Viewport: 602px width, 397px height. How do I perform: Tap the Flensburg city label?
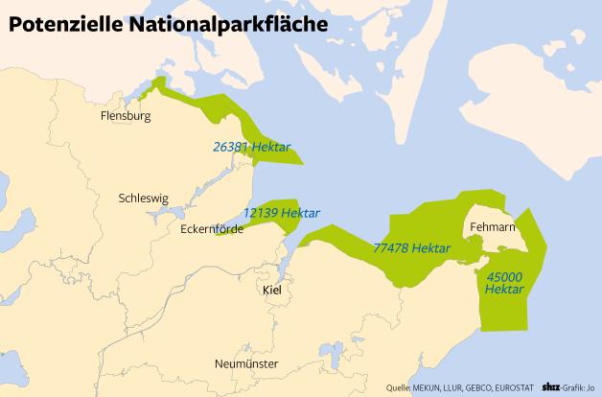tap(127, 117)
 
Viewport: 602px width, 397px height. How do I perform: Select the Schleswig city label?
tap(142, 198)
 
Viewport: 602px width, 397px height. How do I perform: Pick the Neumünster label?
tap(247, 365)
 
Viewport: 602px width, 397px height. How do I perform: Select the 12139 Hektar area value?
tap(281, 213)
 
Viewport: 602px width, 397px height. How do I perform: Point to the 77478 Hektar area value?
tap(411, 247)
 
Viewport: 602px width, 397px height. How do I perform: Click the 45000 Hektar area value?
tap(504, 283)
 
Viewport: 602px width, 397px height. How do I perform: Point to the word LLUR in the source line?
tap(454, 388)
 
